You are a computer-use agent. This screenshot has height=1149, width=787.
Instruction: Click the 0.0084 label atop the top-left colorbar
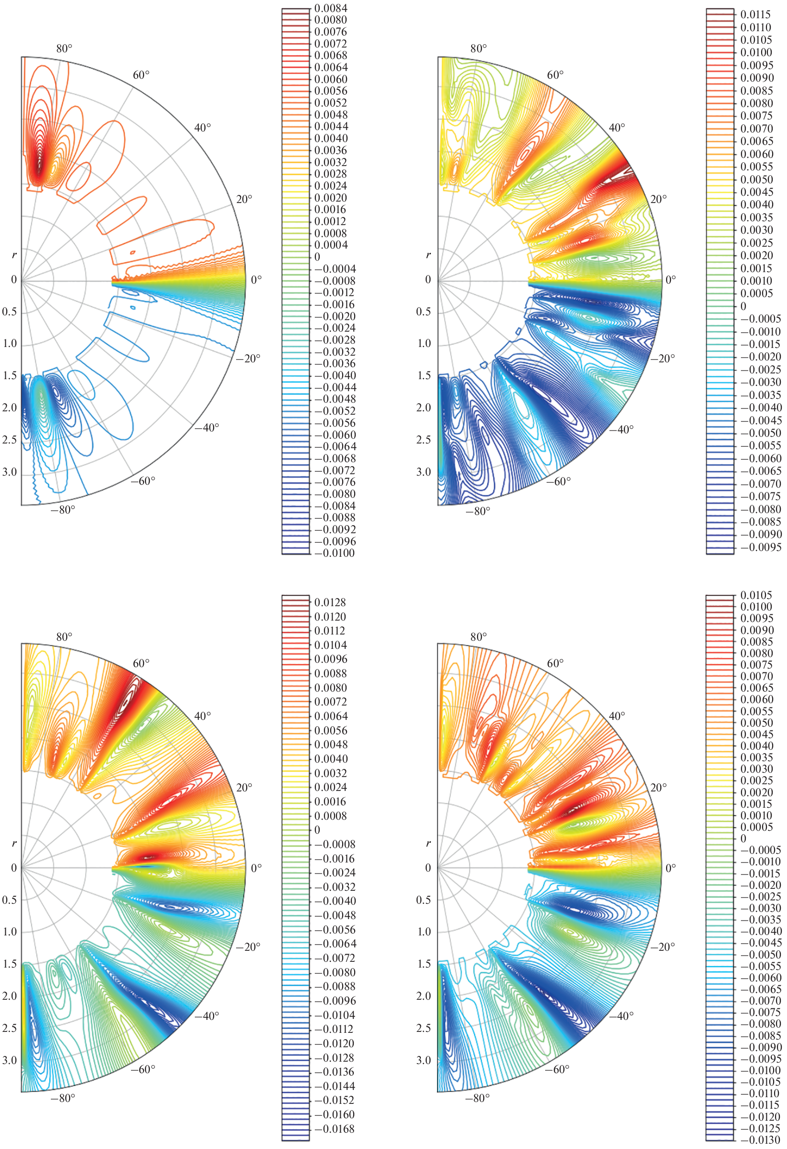pyautogui.click(x=331, y=9)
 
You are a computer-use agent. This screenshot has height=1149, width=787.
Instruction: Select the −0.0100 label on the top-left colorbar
pyautogui.click(x=334, y=553)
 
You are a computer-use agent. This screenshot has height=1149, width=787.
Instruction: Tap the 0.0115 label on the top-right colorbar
pyautogui.click(x=755, y=15)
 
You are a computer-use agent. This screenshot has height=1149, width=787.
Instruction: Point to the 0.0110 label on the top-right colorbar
pyautogui.click(x=755, y=28)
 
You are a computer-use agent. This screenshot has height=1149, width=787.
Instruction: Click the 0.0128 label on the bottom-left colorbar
pyautogui.click(x=330, y=603)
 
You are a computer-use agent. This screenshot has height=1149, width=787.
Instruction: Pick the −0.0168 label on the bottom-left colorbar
pyautogui.click(x=334, y=1129)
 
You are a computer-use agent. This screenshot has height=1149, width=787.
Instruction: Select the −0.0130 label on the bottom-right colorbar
pyautogui.click(x=760, y=1140)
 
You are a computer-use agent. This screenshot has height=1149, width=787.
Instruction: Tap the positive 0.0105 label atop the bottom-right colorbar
pyautogui.click(x=755, y=595)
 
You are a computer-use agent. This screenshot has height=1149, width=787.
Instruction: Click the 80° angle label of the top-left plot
pyautogui.click(x=64, y=48)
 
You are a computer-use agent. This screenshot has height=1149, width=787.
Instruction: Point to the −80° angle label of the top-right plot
pyautogui.click(x=477, y=511)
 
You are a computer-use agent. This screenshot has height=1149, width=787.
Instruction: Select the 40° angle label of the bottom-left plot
pyautogui.click(x=203, y=716)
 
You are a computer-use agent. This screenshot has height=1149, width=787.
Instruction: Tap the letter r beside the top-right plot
pyautogui.click(x=428, y=255)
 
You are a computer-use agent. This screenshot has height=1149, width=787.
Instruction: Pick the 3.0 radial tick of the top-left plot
pyautogui.click(x=10, y=472)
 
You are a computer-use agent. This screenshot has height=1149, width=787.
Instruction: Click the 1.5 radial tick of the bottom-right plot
pyautogui.click(x=424, y=964)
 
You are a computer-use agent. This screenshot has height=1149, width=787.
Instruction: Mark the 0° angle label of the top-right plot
pyautogui.click(x=671, y=280)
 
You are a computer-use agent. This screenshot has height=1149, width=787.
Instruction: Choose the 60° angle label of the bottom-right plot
pyautogui.click(x=555, y=663)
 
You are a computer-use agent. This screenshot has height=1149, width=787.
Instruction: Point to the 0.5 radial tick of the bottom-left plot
pyautogui.click(x=10, y=899)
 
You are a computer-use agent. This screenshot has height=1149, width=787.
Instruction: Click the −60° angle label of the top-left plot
pyautogui.click(x=143, y=480)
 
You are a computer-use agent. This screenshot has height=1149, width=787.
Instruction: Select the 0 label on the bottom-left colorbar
pyautogui.click(x=317, y=830)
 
